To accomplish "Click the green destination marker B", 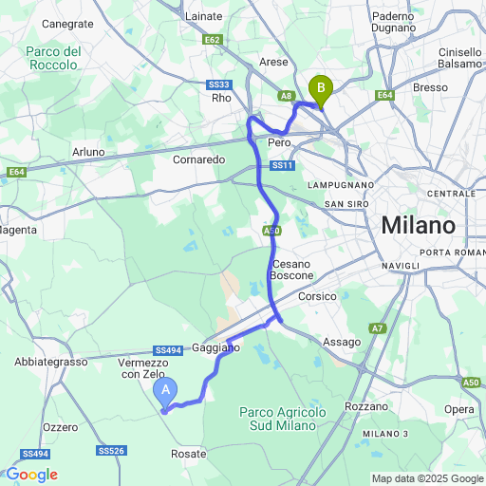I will pyautogui.click(x=321, y=90).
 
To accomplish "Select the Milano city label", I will pyautogui.click(x=418, y=226).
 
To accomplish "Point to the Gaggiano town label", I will pyautogui.click(x=216, y=348).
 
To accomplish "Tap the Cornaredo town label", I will pyautogui.click(x=198, y=159).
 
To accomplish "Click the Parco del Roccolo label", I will pyautogui.click(x=54, y=59).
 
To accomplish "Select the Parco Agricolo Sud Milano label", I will pyautogui.click(x=282, y=419).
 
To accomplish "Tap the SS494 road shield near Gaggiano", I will pyautogui.click(x=167, y=350).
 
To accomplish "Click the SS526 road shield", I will pyautogui.click(x=111, y=451).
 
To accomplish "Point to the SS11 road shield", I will pyautogui.click(x=282, y=166).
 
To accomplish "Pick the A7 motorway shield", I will pyautogui.click(x=378, y=328).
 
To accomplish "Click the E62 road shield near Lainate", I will pyautogui.click(x=213, y=40).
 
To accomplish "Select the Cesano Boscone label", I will pyautogui.click(x=291, y=270).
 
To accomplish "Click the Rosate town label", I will pyautogui.click(x=188, y=454).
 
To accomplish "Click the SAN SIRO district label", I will pyautogui.click(x=345, y=204).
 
